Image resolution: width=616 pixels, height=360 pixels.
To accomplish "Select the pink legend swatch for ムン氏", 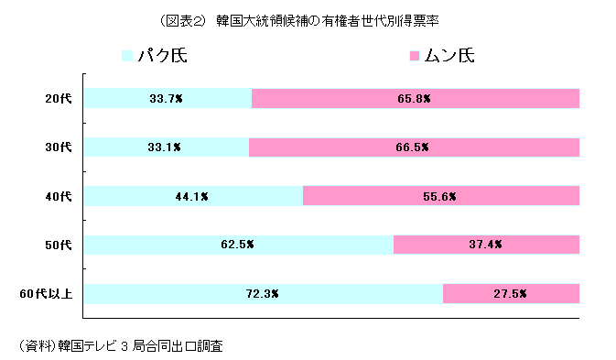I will (x=416, y=57).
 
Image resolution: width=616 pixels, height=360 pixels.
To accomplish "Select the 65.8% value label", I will (x=416, y=98).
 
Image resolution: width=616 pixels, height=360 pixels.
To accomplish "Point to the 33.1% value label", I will (x=165, y=147).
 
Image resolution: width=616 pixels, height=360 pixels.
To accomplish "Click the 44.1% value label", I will (x=193, y=196).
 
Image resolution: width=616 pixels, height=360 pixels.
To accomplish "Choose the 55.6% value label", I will (x=440, y=196).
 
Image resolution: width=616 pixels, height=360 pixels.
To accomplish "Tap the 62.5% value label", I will (x=238, y=245).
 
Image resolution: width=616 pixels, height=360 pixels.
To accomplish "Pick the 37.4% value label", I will (x=486, y=245).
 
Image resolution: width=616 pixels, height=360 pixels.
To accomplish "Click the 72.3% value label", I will (x=263, y=294).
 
